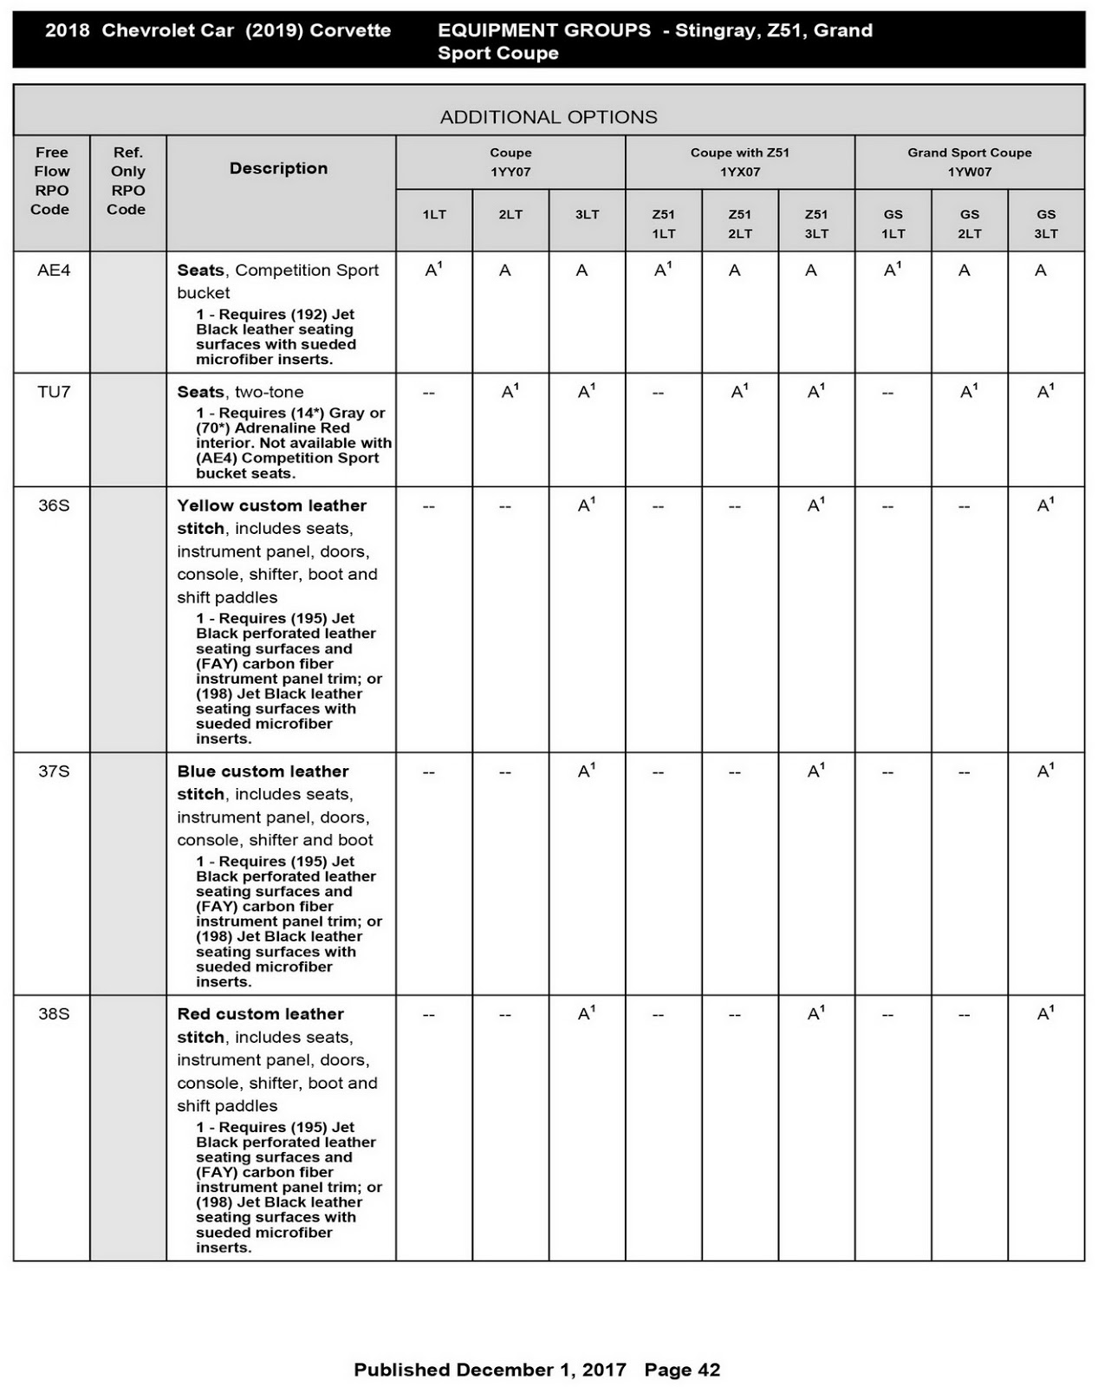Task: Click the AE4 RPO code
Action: pos(53,270)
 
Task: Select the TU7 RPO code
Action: pos(53,392)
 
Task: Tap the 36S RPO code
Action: pos(53,505)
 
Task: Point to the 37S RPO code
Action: pos(53,771)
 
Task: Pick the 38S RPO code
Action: pos(53,1013)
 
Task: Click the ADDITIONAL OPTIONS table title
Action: pos(549,117)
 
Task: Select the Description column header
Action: pos(278,168)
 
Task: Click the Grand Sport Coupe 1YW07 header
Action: pos(969,162)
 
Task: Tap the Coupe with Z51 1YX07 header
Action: pos(739,162)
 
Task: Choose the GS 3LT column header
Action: pos(1046,224)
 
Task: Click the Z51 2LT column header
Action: pos(739,224)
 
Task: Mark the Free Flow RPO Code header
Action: pos(51,180)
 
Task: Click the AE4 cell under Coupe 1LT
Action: pos(433,270)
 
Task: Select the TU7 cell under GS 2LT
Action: pos(968,392)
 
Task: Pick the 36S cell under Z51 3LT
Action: pos(815,505)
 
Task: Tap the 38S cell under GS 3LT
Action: pos(1045,1013)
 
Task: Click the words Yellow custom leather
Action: pos(271,505)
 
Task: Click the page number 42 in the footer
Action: pos(709,1370)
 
